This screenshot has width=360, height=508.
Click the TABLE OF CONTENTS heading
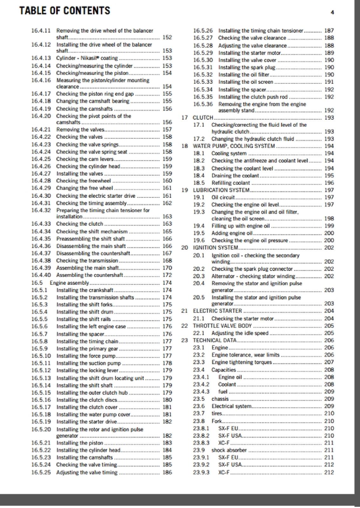65,10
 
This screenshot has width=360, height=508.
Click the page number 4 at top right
332,13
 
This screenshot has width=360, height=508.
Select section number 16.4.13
41,58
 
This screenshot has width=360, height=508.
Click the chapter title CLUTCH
203,117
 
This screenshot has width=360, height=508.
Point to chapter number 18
185,146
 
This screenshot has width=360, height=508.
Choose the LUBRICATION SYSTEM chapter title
221,190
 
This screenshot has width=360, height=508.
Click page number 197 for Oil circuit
329,197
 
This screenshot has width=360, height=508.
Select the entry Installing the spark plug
247,68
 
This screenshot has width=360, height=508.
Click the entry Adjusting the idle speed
240,333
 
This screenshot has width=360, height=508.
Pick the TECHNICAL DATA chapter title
215,340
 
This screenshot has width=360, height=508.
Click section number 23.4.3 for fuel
201,391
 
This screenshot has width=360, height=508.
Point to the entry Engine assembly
69,283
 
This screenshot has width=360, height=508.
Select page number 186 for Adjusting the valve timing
167,472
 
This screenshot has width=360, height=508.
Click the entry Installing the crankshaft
85,290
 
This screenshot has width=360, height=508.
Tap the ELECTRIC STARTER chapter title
217,311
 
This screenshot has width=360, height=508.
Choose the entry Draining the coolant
235,176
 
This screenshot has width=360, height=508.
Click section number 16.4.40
41,275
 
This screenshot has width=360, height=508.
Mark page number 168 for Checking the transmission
167,260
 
